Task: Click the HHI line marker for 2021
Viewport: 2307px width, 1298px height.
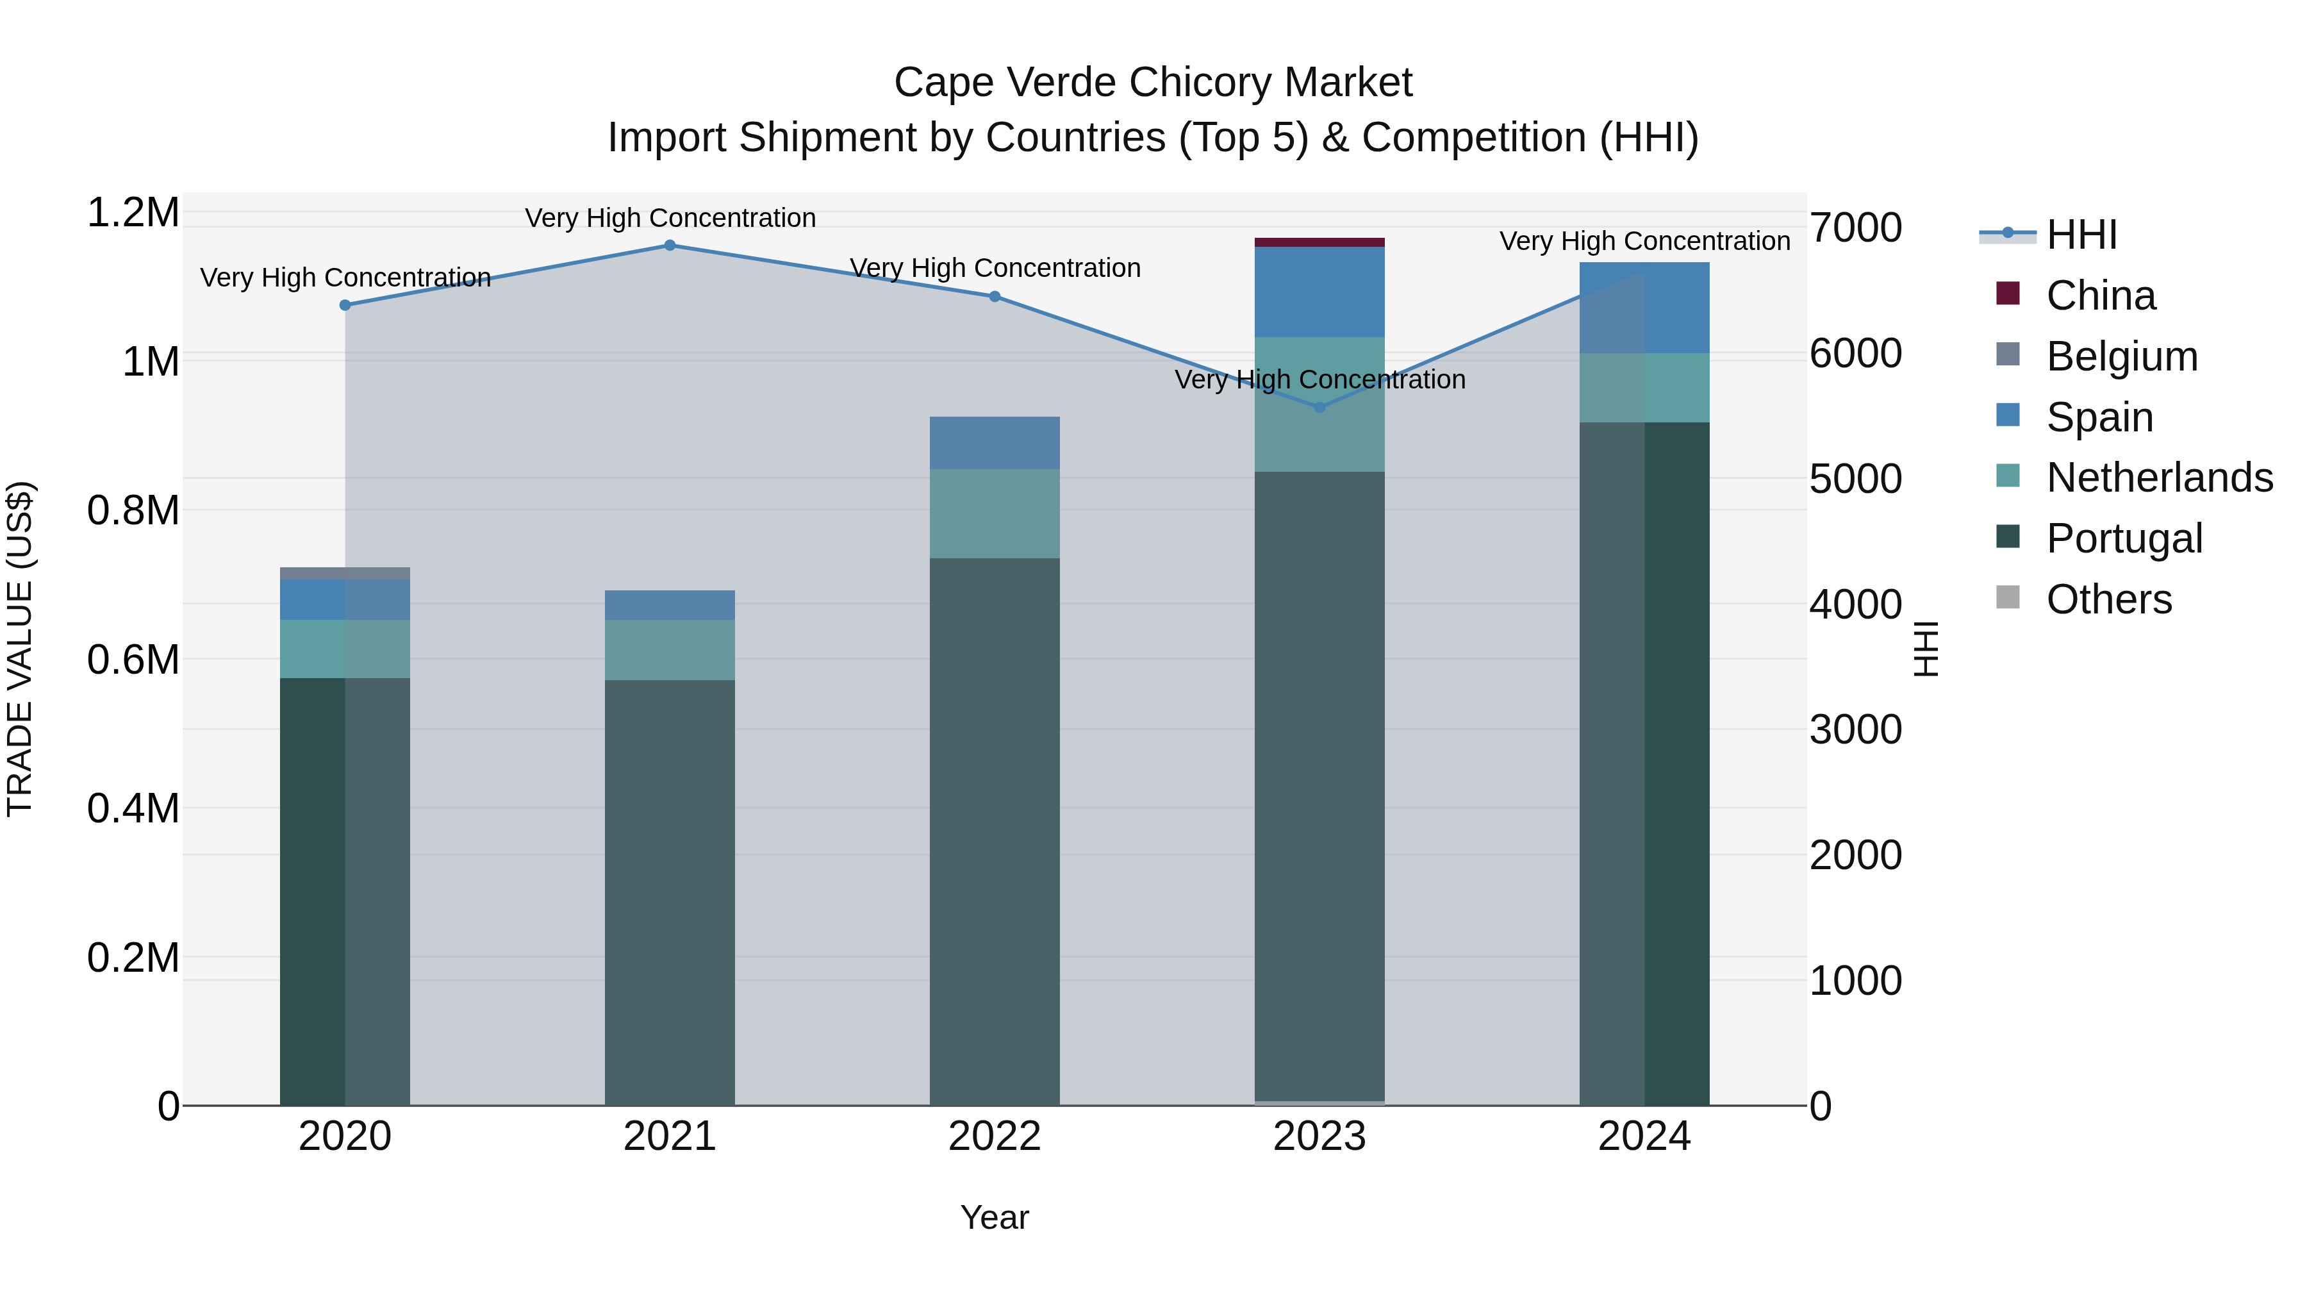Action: (669, 245)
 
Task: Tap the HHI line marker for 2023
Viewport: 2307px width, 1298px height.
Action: (1319, 408)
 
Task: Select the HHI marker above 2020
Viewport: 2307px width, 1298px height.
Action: (345, 306)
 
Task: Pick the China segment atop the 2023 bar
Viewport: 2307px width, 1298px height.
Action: (1319, 242)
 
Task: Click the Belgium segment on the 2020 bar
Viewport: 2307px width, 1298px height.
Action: (345, 573)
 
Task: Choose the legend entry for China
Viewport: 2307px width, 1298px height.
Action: (2100, 295)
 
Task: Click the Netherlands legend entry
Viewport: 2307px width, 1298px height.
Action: (2158, 478)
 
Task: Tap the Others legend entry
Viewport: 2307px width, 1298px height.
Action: (2108, 599)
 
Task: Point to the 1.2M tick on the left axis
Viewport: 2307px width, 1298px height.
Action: (133, 213)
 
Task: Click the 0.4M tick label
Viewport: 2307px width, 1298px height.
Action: (133, 808)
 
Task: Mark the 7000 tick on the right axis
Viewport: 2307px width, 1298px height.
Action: (1856, 228)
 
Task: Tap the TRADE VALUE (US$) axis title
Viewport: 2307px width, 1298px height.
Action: (20, 649)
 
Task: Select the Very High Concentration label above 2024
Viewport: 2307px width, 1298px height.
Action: (1644, 241)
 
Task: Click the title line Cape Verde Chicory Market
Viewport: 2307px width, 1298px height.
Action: (1153, 83)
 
